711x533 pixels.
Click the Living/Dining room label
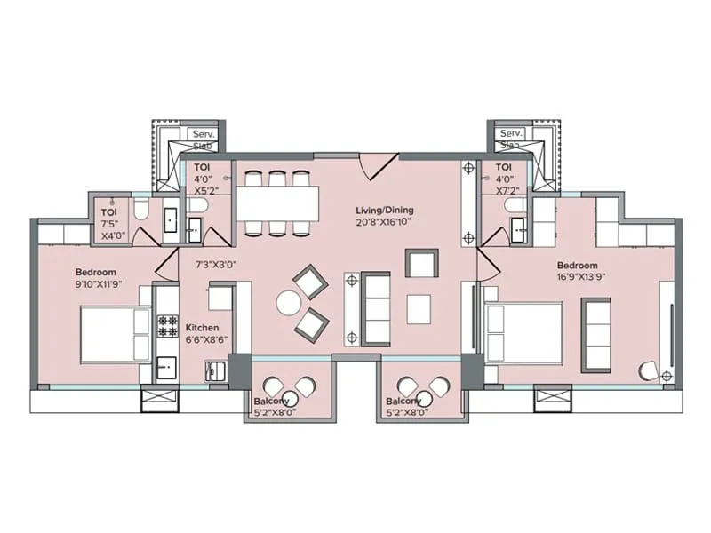tap(385, 211)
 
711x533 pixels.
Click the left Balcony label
tap(271, 400)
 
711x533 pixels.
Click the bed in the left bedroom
tap(115, 334)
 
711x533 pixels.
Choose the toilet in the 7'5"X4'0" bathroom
tap(143, 210)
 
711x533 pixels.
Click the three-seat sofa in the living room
tap(377, 309)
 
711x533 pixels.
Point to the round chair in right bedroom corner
tap(649, 372)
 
